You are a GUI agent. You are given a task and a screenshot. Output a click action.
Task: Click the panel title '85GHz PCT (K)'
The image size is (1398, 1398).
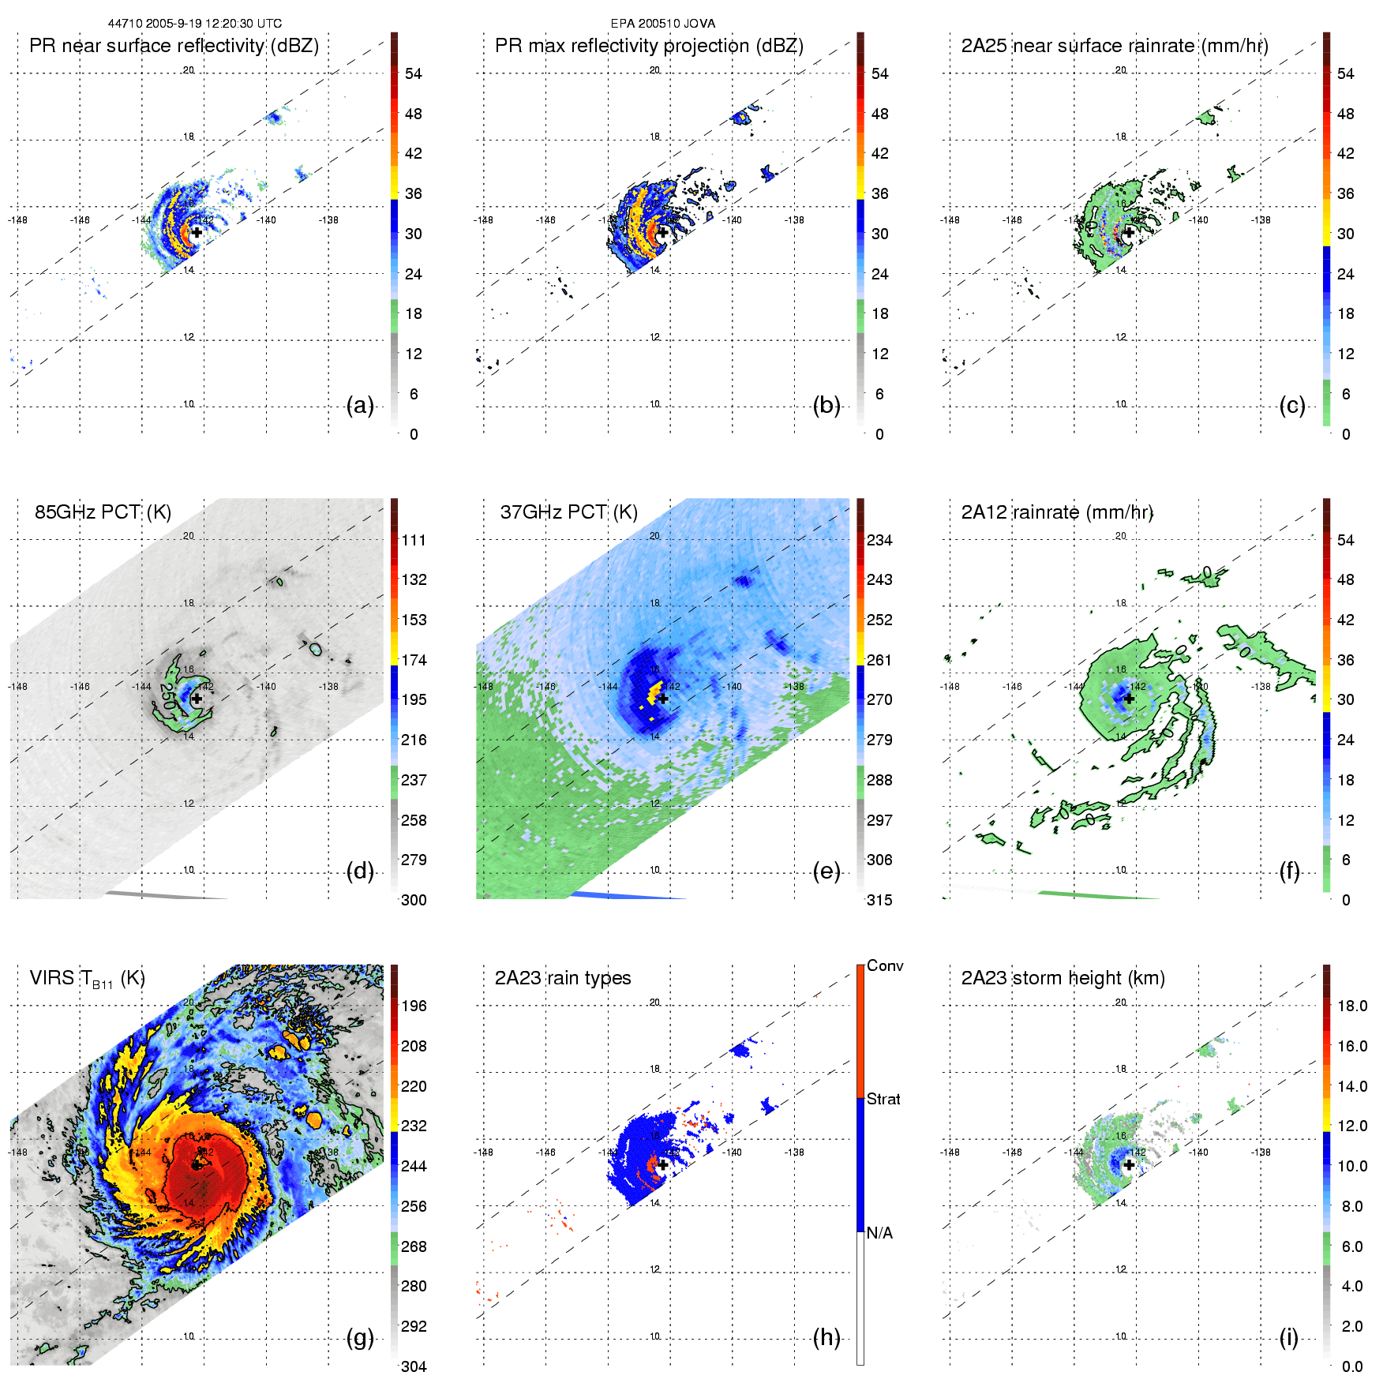point(103,512)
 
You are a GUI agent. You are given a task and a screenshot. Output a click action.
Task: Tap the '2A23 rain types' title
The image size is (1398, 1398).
point(562,978)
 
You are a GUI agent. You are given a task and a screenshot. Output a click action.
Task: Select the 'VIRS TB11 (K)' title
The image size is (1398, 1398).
point(87,979)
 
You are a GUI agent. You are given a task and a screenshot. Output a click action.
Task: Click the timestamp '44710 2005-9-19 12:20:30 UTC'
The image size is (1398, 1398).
point(195,24)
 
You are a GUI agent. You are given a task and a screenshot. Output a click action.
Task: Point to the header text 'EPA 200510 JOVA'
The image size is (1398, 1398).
point(663,24)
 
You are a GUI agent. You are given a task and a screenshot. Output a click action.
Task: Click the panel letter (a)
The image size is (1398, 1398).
point(360,406)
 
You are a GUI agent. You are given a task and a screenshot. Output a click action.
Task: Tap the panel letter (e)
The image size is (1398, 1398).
point(826,871)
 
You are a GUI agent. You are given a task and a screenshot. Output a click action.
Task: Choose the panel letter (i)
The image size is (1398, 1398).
point(1288,1337)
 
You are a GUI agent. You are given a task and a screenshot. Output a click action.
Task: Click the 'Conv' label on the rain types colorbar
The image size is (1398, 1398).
point(885,966)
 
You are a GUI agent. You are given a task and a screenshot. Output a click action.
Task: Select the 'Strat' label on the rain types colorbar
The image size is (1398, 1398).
point(883,1100)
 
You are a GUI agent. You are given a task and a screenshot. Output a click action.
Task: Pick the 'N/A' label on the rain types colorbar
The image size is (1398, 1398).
point(879,1233)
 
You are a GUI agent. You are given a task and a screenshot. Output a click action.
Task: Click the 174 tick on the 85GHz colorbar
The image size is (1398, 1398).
point(414,660)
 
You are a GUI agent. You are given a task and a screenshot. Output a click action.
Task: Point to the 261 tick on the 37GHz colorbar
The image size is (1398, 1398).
point(879,660)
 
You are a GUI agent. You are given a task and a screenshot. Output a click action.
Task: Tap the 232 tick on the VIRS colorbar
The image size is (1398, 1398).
point(414,1126)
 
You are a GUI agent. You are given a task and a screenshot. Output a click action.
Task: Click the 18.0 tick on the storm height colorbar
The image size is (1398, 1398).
point(1351,1006)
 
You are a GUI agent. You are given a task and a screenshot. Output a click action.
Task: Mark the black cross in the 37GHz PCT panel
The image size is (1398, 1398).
point(663,699)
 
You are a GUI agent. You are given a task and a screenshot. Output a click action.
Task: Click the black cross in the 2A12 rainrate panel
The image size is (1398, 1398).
point(1129,699)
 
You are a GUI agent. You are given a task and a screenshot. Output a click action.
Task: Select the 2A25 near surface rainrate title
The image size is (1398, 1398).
point(1115,46)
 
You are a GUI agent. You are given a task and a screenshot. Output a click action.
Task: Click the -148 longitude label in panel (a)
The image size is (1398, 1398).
point(17,220)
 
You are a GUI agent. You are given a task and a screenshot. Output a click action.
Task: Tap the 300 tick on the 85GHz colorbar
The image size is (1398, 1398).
point(414,900)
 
